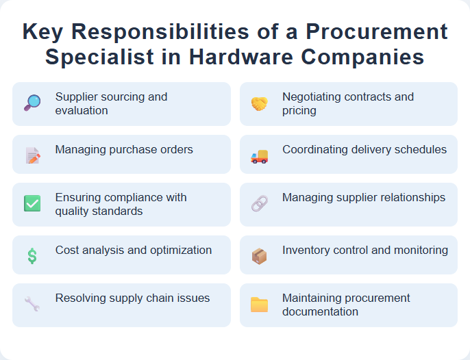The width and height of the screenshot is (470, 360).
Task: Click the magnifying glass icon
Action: click(x=32, y=103)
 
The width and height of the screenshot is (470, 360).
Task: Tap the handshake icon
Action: click(x=259, y=103)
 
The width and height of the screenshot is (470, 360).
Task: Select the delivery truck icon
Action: click(x=259, y=156)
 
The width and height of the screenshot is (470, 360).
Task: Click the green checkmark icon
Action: click(x=32, y=203)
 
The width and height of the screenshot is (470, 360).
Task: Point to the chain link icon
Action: click(x=259, y=203)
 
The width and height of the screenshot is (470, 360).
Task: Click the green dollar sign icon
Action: click(x=32, y=256)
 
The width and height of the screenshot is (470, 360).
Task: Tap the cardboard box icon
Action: click(x=259, y=256)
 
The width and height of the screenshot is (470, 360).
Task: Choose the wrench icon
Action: click(x=32, y=303)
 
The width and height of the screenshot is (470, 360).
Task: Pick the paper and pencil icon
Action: click(x=32, y=156)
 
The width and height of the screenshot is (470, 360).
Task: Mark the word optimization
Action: click(x=177, y=250)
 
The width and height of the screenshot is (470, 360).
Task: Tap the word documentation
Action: click(x=320, y=311)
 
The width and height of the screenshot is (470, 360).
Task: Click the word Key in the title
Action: click(x=45, y=32)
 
